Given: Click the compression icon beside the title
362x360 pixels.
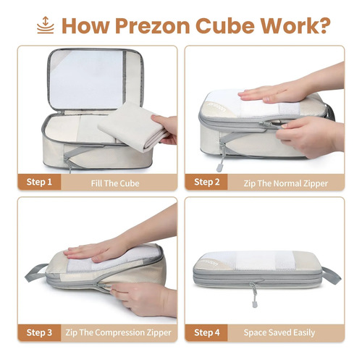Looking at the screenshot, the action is tap(46, 25).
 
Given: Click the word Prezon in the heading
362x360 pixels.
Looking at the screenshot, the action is tap(153, 25).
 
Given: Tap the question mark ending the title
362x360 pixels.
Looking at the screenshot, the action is tap(323, 25).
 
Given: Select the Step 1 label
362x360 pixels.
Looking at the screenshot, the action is tap(39, 182).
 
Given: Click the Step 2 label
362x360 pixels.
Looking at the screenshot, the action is tap(207, 182).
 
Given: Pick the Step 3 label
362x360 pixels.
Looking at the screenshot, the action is tap(39, 332).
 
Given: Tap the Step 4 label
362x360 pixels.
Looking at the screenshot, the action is tap(207, 332).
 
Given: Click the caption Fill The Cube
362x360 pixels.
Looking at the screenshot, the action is tap(115, 183).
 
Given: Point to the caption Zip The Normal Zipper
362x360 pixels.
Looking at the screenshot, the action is tap(286, 183).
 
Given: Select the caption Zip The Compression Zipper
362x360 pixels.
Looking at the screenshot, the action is tap(118, 332).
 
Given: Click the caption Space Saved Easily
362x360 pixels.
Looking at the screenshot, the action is tap(279, 332).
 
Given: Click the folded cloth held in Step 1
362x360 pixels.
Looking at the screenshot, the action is tap(132, 125).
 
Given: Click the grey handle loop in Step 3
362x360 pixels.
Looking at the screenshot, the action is tap(37, 272).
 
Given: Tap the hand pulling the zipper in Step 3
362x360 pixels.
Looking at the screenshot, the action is tap(143, 299).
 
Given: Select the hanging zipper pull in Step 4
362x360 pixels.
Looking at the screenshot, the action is tap(254, 295).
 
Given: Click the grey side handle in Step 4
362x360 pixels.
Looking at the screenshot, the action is tap(332, 276).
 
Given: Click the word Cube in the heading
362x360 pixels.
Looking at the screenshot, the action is tap(225, 25).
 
